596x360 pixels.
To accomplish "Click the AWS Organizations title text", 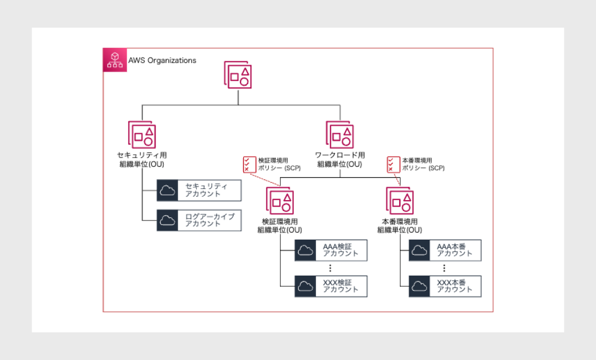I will tap(162, 60).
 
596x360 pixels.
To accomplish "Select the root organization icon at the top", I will tap(239, 75).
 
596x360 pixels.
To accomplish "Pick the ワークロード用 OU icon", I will tap(340, 134).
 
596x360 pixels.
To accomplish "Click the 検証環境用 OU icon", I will tap(280, 201).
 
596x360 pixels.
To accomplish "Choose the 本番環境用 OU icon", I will tap(400, 201).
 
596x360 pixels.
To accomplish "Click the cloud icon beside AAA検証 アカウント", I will tap(305, 251).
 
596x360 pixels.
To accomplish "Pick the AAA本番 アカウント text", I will tap(455, 251).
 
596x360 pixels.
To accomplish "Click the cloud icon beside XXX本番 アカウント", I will tap(420, 286).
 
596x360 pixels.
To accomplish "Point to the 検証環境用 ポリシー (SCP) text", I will tap(280, 164).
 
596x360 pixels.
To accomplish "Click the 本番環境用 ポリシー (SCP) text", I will tap(423, 164).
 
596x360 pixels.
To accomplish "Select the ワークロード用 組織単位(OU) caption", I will tap(340, 160).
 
